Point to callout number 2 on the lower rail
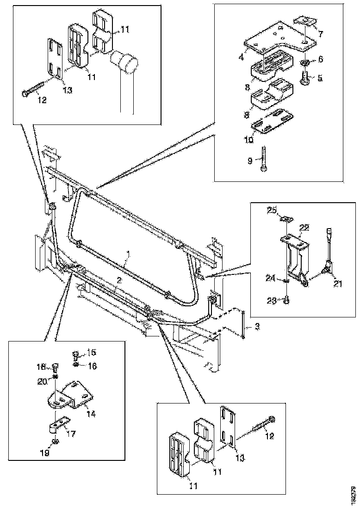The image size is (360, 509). pyautogui.click(x=119, y=280)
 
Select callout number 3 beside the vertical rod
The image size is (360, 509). pyautogui.click(x=257, y=327)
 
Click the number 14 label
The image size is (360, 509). pyautogui.click(x=92, y=414)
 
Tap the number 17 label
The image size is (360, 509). pyautogui.click(x=72, y=434)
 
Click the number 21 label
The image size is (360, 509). pyautogui.click(x=338, y=284)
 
